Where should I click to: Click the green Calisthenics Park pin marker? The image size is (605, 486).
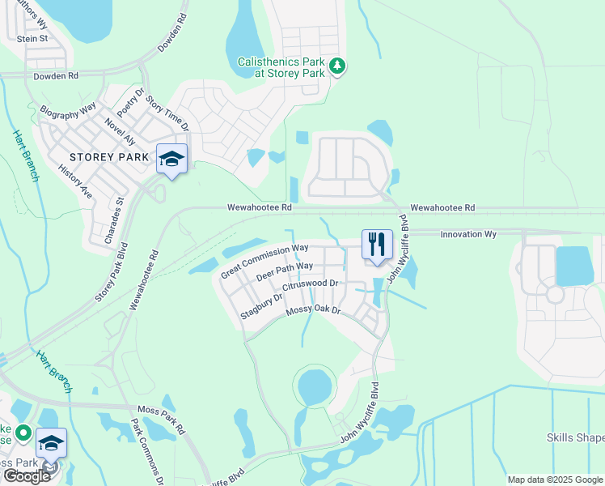[x=338, y=66]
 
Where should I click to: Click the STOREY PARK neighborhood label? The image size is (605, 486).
[x=109, y=156]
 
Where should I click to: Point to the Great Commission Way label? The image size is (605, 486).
[x=264, y=260]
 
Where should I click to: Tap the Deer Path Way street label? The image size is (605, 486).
[x=284, y=271]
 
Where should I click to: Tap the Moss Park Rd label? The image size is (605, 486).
[x=163, y=424]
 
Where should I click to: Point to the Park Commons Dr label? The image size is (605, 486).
[x=147, y=450]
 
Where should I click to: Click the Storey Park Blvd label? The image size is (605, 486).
[x=111, y=271]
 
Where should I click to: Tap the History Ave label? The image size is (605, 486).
[x=75, y=181]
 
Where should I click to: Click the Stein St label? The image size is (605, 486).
[x=33, y=38]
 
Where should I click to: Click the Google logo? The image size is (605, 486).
[x=27, y=476]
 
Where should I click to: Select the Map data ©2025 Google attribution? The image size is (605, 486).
[x=554, y=480]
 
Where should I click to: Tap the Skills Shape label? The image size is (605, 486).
[x=575, y=438]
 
